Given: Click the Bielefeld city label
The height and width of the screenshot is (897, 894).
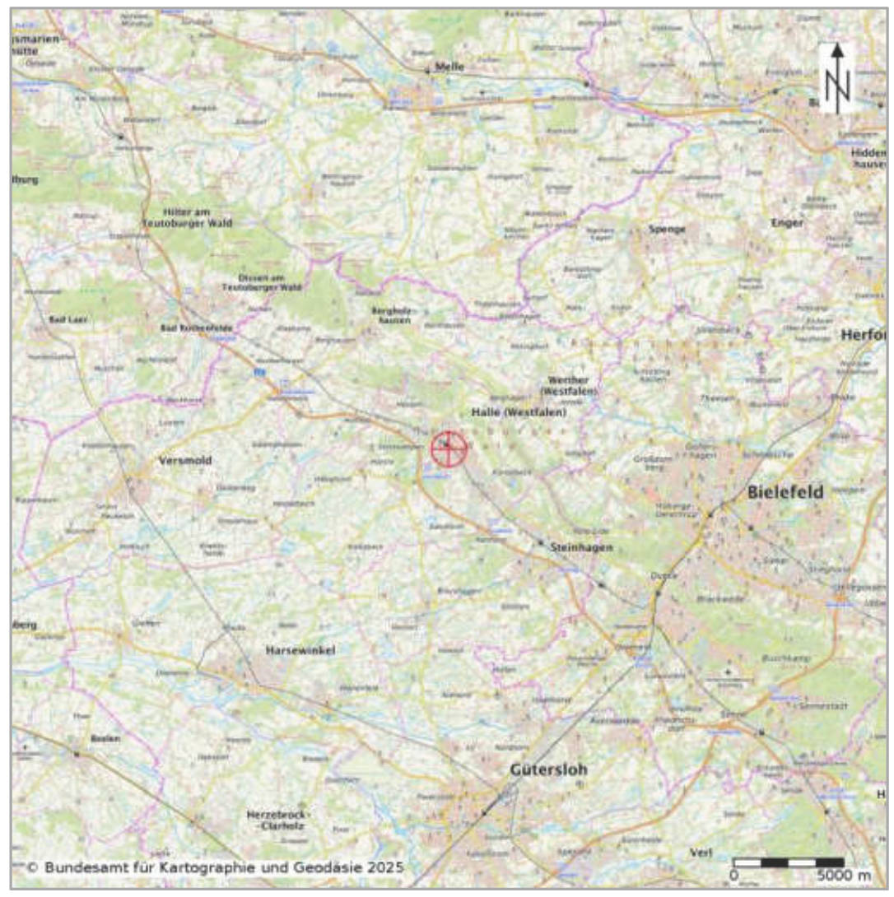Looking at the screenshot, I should coord(786,492).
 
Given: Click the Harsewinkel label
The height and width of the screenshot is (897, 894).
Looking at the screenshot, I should coord(300,650).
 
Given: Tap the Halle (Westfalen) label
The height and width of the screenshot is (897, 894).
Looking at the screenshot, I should coord(519,411).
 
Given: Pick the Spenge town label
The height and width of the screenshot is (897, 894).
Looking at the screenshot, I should coord(667,230).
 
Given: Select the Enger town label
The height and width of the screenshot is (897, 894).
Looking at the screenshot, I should coord(786,222).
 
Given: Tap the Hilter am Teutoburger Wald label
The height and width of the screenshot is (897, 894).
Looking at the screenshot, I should coord(187,217).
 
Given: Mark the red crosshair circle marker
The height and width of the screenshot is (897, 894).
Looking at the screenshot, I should coord(449,448).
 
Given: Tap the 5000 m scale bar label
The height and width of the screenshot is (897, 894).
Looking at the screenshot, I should coord(844,875).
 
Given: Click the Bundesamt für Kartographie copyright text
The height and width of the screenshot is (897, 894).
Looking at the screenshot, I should coord(215,867).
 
